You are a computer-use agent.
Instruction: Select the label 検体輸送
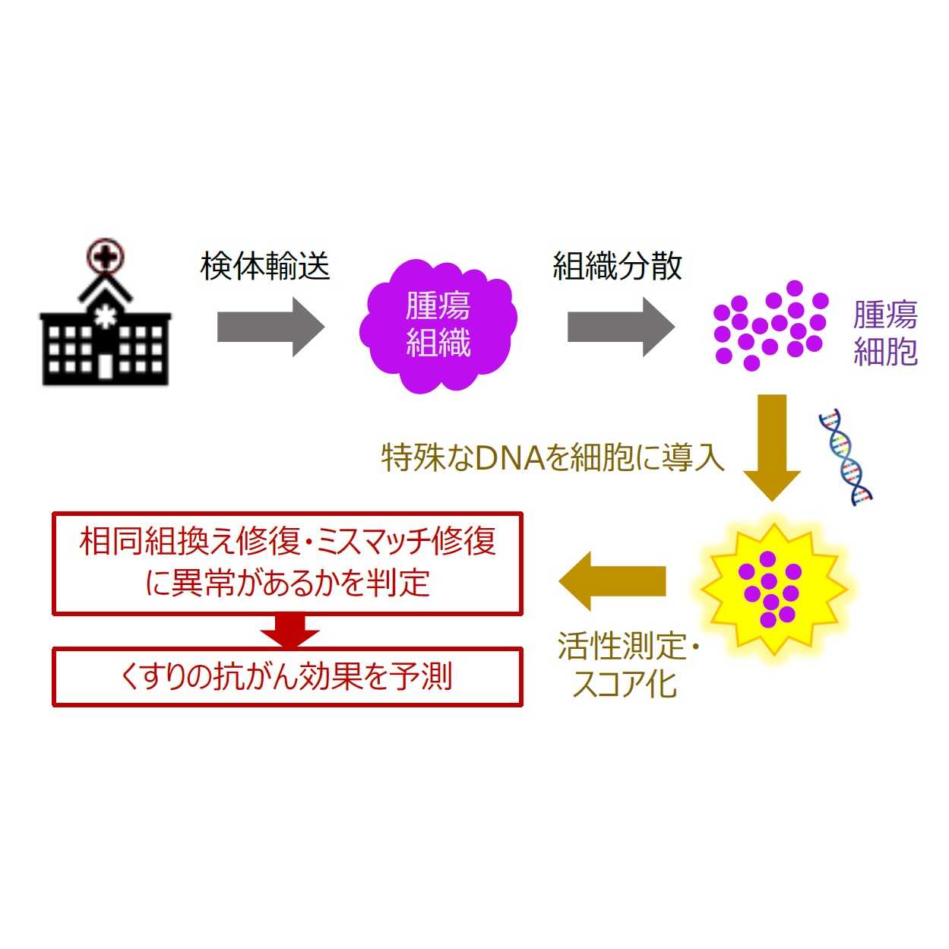pyautogui.click(x=264, y=266)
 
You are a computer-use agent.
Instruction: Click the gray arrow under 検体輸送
pyautogui.click(x=270, y=327)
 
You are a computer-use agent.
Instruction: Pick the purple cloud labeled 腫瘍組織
pyautogui.click(x=438, y=327)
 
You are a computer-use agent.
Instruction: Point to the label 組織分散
pyautogui.click(x=616, y=266)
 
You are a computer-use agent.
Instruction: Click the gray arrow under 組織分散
pyautogui.click(x=620, y=327)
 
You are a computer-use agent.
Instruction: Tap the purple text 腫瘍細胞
pyautogui.click(x=884, y=333)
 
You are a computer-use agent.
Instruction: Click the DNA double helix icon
pyautogui.click(x=845, y=456)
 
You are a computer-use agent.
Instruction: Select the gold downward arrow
pyautogui.click(x=771, y=444)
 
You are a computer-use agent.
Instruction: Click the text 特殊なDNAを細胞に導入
pyautogui.click(x=552, y=457)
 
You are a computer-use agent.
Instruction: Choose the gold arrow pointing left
pyautogui.click(x=612, y=581)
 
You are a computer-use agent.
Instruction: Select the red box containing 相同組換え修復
pyautogui.click(x=287, y=563)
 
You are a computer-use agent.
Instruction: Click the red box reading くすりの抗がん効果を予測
pyautogui.click(x=287, y=676)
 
